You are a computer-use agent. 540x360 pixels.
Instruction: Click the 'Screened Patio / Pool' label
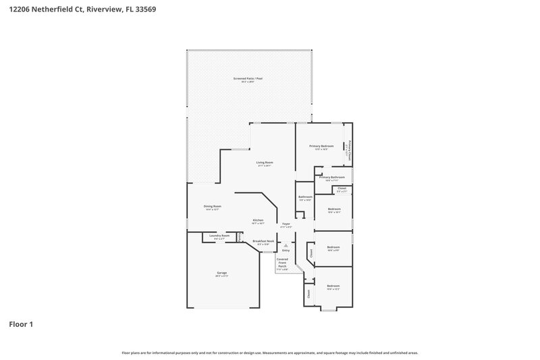coord(248,78)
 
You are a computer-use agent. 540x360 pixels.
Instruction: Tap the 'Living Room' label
coord(264,162)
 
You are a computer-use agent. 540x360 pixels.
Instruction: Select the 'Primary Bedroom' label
coord(321,146)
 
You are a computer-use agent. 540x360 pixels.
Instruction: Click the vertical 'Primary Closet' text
coord(348,150)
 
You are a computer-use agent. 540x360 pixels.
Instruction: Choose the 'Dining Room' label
coord(213,206)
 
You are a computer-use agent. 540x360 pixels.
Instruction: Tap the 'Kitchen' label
coord(258,220)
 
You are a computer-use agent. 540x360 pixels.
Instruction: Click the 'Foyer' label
coord(286,224)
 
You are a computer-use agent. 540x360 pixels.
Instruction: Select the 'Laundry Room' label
coord(219,236)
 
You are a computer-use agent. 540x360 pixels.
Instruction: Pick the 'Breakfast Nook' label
coord(263,240)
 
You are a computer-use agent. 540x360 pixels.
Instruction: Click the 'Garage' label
coord(221,273)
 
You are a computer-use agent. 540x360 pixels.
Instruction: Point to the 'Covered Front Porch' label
coord(282,263)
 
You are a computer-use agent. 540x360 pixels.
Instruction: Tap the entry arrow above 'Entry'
coord(286,245)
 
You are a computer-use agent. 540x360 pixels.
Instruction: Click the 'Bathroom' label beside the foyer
coord(305,197)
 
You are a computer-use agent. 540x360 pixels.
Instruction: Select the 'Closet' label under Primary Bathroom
coord(342,188)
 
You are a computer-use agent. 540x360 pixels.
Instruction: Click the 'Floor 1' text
coord(21,324)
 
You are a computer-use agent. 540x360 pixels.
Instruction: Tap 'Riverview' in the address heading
coord(104,9)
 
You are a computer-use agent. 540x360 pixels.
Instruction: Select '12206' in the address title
coord(20,9)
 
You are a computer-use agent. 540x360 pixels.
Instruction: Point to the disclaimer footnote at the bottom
coord(269,353)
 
